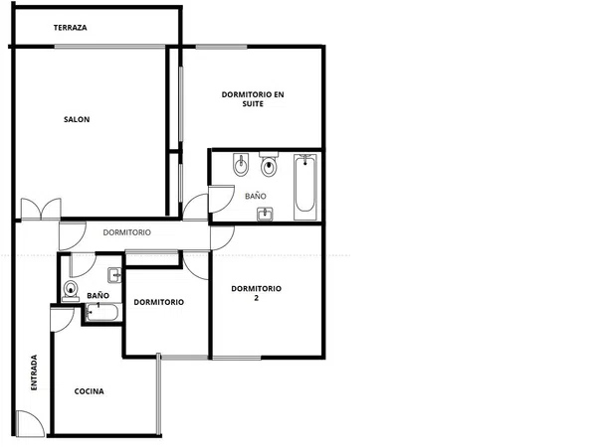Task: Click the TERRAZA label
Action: coord(70,28)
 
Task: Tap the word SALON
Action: coord(77,119)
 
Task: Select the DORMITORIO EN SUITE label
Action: coord(253,98)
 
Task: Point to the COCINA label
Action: coord(90,391)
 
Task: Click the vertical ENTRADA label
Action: coord(34,372)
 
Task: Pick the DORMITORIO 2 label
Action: coord(257,293)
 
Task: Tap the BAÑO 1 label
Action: coord(98,300)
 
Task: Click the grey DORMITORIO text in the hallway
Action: coord(126,232)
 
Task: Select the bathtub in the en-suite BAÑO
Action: coord(305,187)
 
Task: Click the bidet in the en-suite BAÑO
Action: coord(241,165)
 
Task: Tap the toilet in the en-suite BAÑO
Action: coord(269,164)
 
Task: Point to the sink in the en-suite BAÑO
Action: coord(265,214)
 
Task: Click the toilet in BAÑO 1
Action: coord(70,291)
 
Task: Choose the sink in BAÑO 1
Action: coord(114,275)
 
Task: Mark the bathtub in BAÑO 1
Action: coord(102,313)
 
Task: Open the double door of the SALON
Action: coord(41,209)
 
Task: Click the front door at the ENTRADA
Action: coord(31,423)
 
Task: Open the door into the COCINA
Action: coord(62,319)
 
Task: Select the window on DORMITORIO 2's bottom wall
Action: coord(237,358)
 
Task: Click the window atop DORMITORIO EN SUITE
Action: coord(221,47)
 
